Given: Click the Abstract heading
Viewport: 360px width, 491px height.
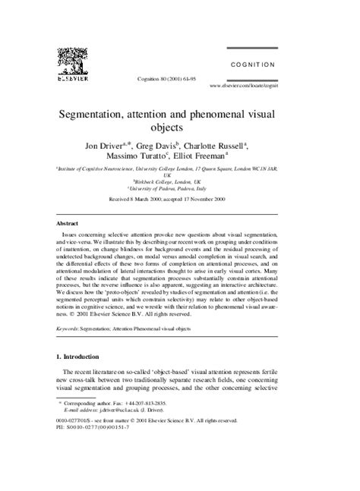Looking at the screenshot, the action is click(70, 225).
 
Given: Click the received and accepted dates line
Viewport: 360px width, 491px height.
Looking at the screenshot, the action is click(180, 201).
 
